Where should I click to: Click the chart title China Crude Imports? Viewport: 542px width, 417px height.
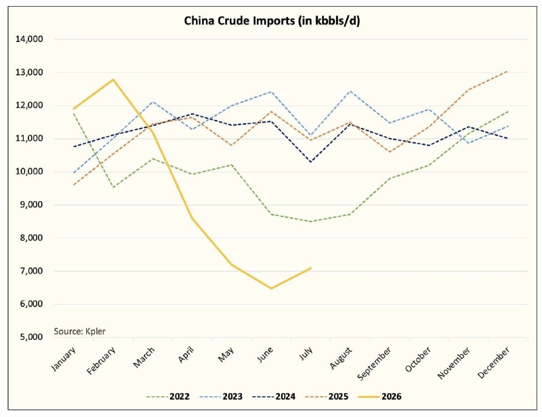click(x=272, y=21)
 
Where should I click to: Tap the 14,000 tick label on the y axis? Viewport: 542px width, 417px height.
click(x=29, y=39)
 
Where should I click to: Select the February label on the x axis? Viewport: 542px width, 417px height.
click(x=101, y=361)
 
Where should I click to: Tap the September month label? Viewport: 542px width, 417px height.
click(x=375, y=364)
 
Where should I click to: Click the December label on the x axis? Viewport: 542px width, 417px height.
click(x=494, y=363)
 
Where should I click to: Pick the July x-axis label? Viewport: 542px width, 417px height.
click(x=306, y=353)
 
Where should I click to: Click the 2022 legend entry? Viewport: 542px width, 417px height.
click(x=167, y=396)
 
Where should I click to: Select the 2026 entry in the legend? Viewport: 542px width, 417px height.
click(x=380, y=396)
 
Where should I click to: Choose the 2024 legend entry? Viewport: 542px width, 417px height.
click(x=274, y=396)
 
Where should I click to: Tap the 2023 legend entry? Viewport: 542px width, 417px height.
click(x=221, y=396)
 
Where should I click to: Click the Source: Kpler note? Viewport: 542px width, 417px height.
click(x=79, y=331)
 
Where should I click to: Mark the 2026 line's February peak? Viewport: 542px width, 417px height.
click(x=113, y=80)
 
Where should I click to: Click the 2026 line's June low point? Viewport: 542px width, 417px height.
click(x=272, y=288)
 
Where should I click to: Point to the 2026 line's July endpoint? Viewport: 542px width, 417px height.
click(x=311, y=268)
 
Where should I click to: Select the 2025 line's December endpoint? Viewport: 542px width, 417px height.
click(x=507, y=71)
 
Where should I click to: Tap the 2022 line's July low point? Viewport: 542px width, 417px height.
click(x=311, y=221)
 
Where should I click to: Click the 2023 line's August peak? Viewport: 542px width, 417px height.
click(x=350, y=91)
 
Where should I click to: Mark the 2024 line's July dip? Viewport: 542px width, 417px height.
click(x=311, y=162)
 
